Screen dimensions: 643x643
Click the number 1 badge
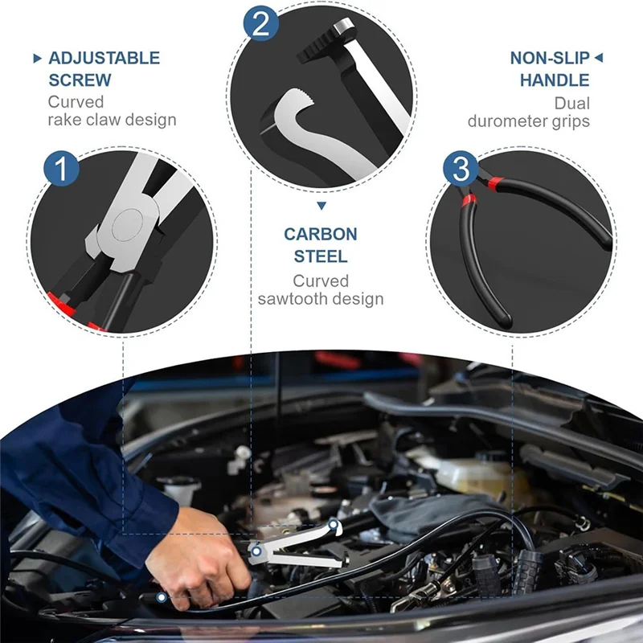pyautogui.click(x=62, y=169)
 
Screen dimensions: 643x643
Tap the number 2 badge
pyautogui.click(x=260, y=23)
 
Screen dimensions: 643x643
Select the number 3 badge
pyautogui.click(x=461, y=169)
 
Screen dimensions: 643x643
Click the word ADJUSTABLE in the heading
pyautogui.click(x=104, y=58)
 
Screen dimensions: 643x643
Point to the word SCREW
pyautogui.click(x=80, y=80)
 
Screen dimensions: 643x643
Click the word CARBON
pyautogui.click(x=321, y=234)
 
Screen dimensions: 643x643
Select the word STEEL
pyautogui.click(x=321, y=256)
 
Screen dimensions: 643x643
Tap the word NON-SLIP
pyautogui.click(x=550, y=58)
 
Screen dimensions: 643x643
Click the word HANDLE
pyautogui.click(x=555, y=80)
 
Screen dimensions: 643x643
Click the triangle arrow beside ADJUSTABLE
pyautogui.click(x=37, y=58)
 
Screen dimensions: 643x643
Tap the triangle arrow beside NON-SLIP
pyautogui.click(x=599, y=58)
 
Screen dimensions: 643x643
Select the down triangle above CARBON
pyautogui.click(x=321, y=206)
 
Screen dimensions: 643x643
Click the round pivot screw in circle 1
pyautogui.click(x=127, y=225)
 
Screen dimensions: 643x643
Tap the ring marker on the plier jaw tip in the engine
pyautogui.click(x=334, y=525)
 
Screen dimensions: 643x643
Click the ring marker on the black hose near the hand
pyautogui.click(x=162, y=597)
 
